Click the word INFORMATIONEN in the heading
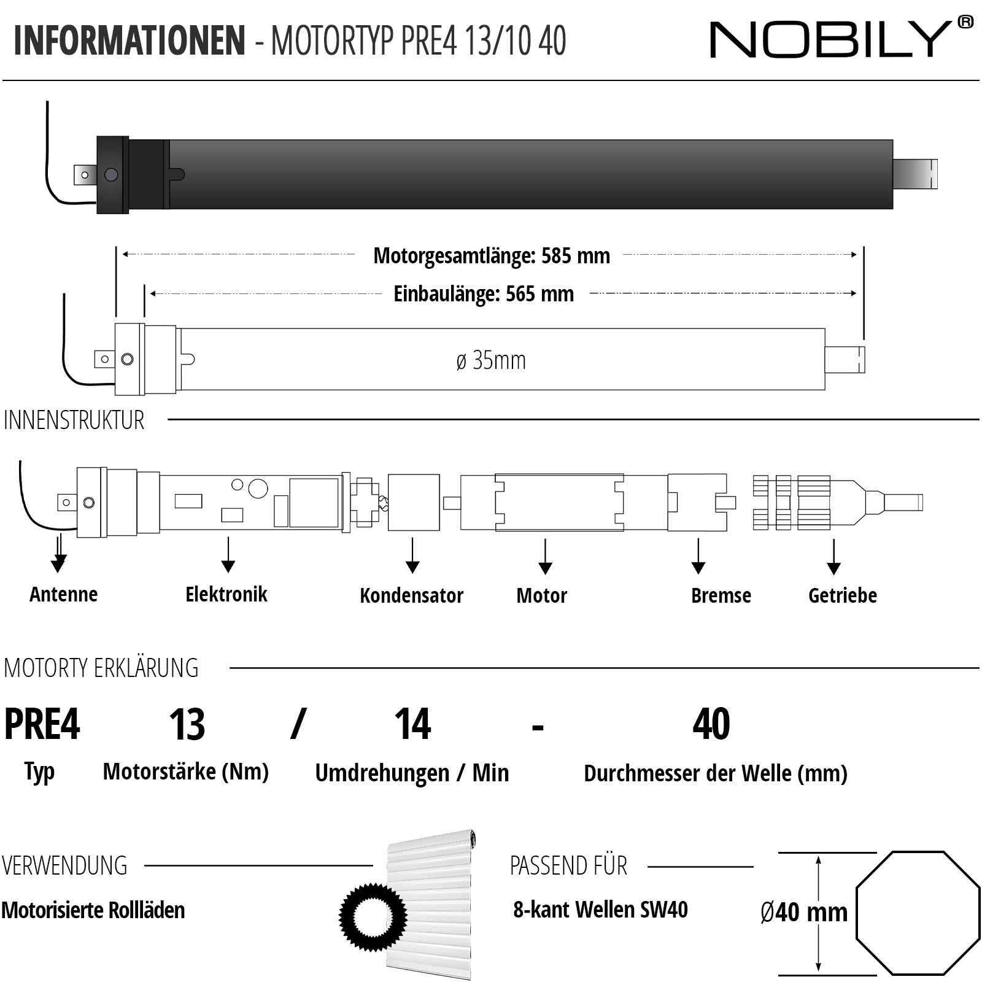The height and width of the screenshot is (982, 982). click(x=130, y=41)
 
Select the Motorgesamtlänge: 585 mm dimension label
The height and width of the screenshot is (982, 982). click(x=491, y=256)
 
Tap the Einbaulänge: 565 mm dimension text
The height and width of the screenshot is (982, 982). click(x=484, y=294)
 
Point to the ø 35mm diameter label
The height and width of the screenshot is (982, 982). click(x=491, y=361)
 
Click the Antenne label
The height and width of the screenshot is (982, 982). click(x=64, y=594)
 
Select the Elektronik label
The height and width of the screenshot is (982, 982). click(x=226, y=594)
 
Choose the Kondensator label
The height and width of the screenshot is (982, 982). click(x=411, y=595)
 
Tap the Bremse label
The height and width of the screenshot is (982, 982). click(x=721, y=595)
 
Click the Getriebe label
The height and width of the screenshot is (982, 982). click(x=842, y=595)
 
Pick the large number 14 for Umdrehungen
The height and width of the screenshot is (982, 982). click(x=412, y=724)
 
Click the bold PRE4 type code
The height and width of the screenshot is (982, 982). click(x=42, y=724)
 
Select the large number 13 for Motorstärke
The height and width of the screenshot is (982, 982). click(x=187, y=724)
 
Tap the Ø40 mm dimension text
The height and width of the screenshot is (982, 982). click(x=803, y=913)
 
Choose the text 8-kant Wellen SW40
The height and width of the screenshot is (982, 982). click(x=600, y=910)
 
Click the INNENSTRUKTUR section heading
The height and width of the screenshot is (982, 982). click(x=74, y=420)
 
